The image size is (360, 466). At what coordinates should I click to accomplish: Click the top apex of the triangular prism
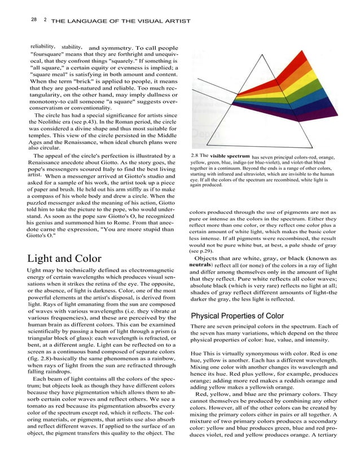(x=263, y=55)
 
